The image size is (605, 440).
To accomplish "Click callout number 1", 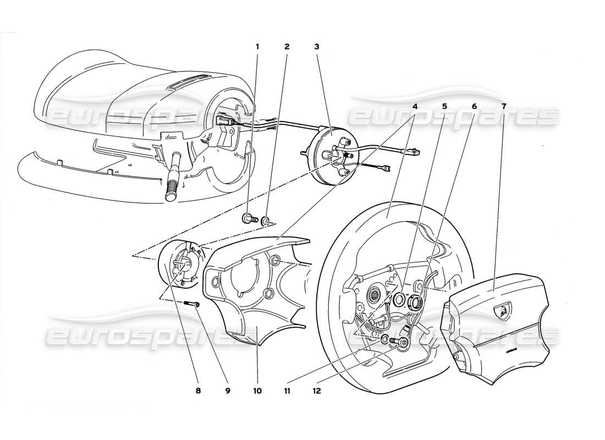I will click(257, 47).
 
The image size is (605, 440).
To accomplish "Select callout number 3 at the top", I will click(316, 47).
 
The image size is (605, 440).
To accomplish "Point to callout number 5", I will click(444, 105).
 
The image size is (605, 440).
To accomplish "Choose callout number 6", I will click(474, 105).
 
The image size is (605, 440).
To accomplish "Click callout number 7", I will click(504, 105).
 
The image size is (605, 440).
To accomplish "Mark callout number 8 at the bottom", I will click(199, 392).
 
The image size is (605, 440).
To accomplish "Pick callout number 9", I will click(228, 392).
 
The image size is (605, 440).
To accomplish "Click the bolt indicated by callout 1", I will click(247, 219).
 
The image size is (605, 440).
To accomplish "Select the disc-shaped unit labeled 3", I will click(329, 156).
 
